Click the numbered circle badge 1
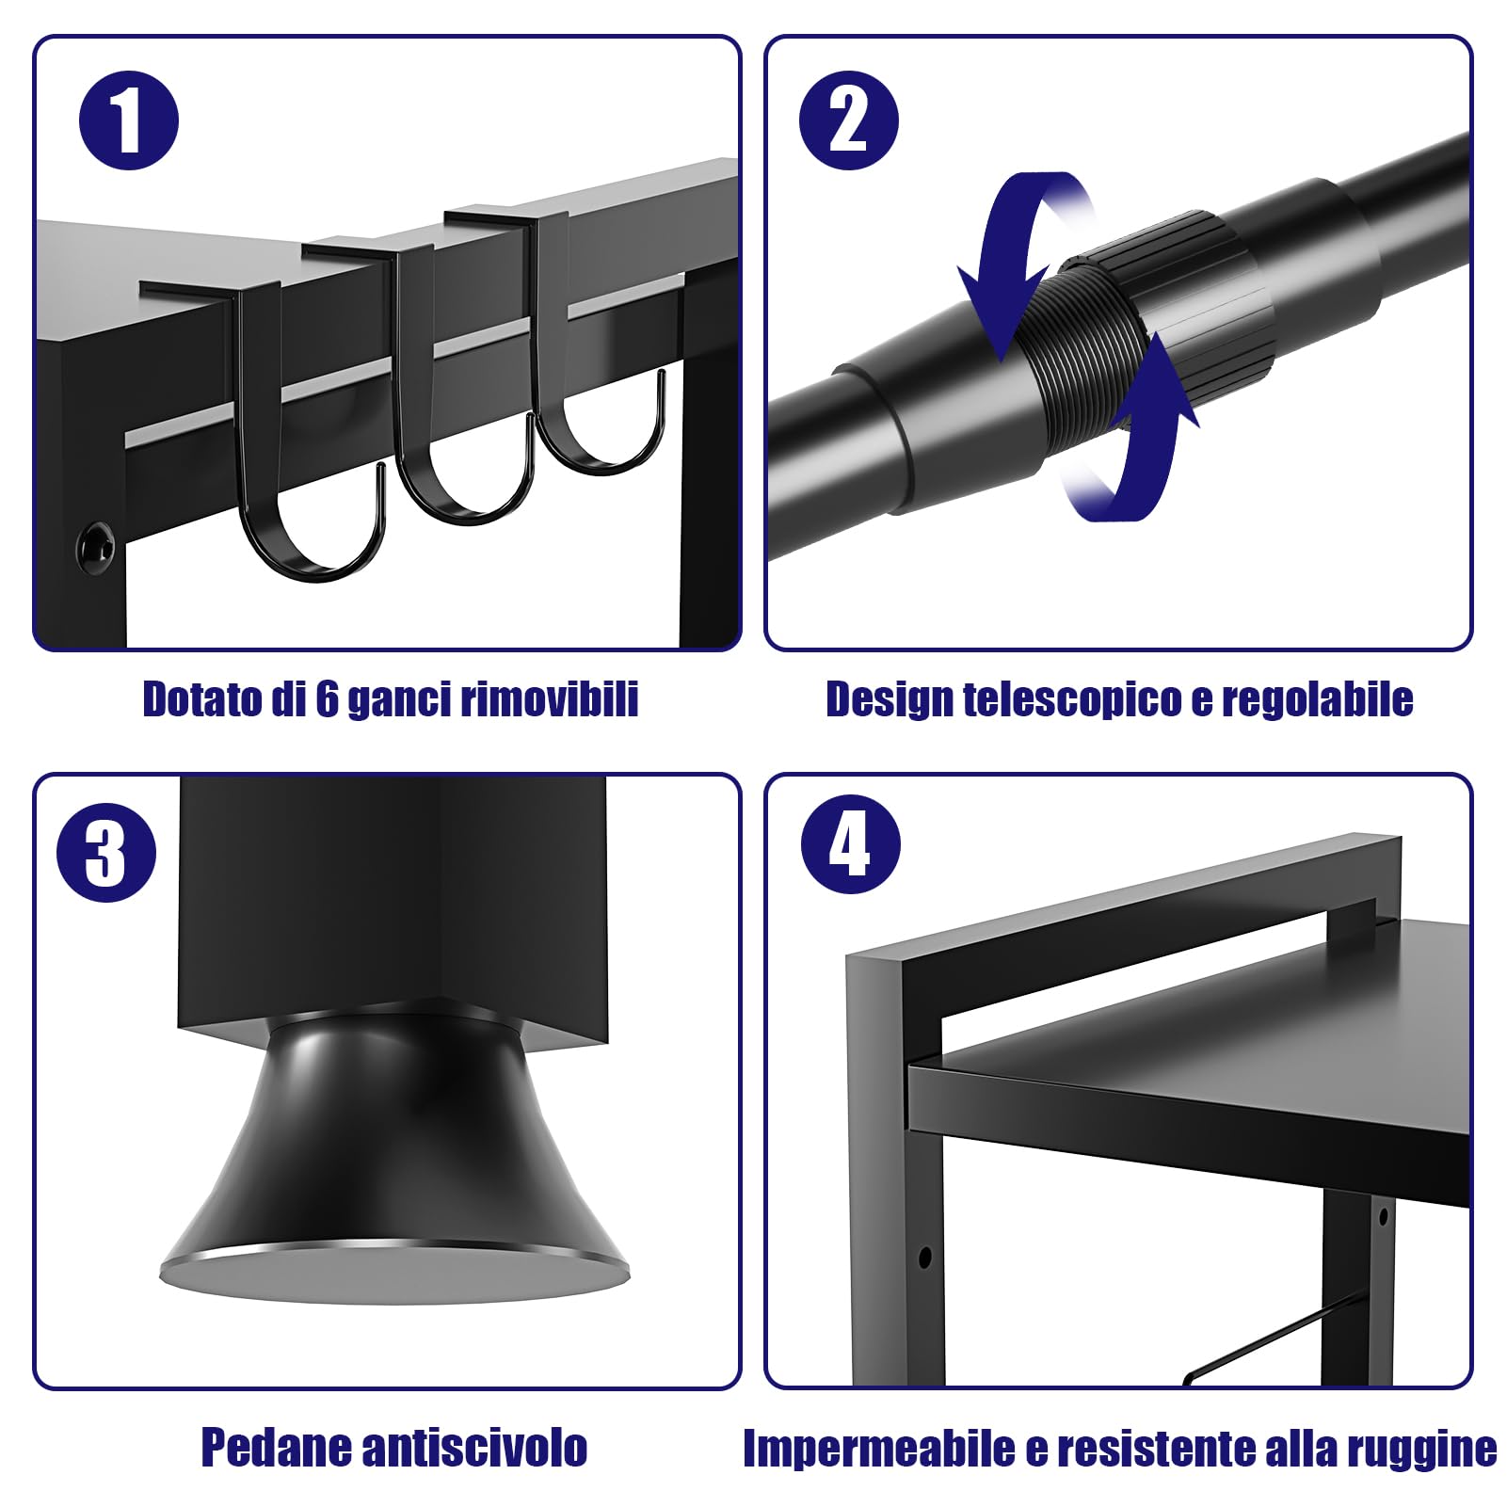[x=129, y=121]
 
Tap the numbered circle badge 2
[x=848, y=121]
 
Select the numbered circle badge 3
[x=105, y=853]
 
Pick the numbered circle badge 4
[x=850, y=844]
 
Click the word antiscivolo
[x=474, y=1447]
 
